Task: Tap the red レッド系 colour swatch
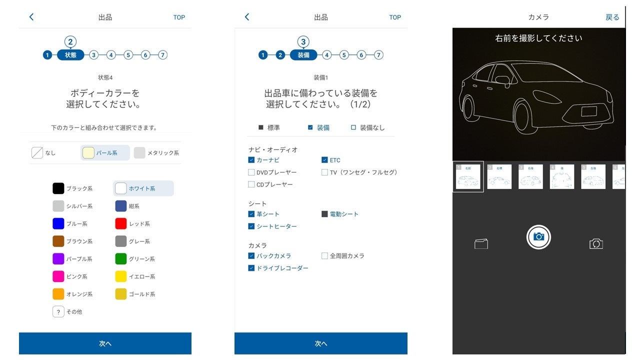click(120, 223)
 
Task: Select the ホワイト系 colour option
click(121, 188)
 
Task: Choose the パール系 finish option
click(88, 153)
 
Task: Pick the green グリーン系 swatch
click(120, 259)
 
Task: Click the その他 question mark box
click(58, 311)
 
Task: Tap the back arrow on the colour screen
click(31, 17)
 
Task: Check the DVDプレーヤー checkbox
click(251, 172)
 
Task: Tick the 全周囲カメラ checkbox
click(324, 256)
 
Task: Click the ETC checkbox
click(324, 160)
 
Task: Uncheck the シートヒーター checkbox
click(251, 226)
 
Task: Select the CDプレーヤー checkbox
click(251, 184)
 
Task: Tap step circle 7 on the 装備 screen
click(378, 55)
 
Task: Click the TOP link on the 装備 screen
click(395, 17)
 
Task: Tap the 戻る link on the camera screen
click(612, 17)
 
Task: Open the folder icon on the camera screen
click(481, 244)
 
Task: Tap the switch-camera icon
click(596, 244)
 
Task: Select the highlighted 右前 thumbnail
click(468, 176)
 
